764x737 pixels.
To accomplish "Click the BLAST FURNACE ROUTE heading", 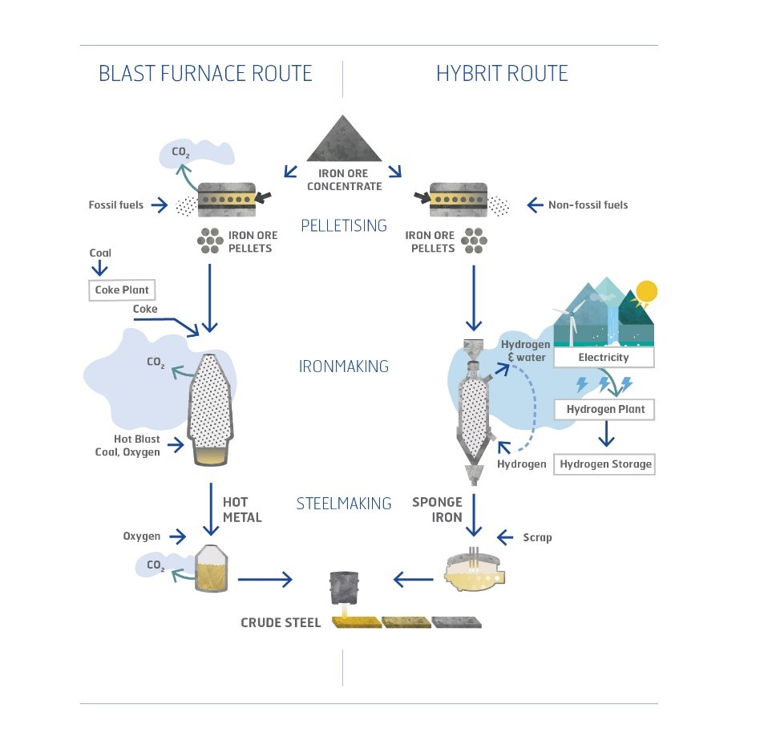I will [205, 74].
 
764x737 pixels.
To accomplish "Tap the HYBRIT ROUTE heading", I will [502, 74].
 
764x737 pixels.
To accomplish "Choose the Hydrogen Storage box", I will [605, 464].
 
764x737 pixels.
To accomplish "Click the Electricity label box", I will [604, 357].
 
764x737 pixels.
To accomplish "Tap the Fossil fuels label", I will [116, 204].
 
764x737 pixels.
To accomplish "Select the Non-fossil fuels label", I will [588, 204].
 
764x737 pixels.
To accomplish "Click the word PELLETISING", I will [343, 225].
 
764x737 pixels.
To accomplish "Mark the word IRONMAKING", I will [343, 366].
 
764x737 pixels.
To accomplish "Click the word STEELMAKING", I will [343, 504].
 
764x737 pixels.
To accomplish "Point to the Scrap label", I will [537, 537].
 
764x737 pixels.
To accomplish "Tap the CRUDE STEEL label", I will [281, 622].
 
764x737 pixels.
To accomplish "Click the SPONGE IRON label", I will [437, 510].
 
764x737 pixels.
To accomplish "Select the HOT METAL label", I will [242, 510].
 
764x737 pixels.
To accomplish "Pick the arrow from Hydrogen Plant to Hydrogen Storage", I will [606, 436].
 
